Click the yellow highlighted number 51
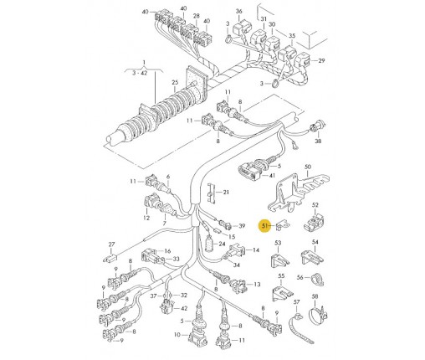click(x=264, y=225)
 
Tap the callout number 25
click(x=175, y=83)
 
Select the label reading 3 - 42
click(x=140, y=74)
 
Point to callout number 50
click(x=308, y=167)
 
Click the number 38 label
click(x=318, y=141)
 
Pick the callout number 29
click(x=321, y=60)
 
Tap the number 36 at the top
click(x=239, y=12)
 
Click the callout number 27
click(x=111, y=244)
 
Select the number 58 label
click(x=315, y=296)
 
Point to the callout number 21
click(x=226, y=193)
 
